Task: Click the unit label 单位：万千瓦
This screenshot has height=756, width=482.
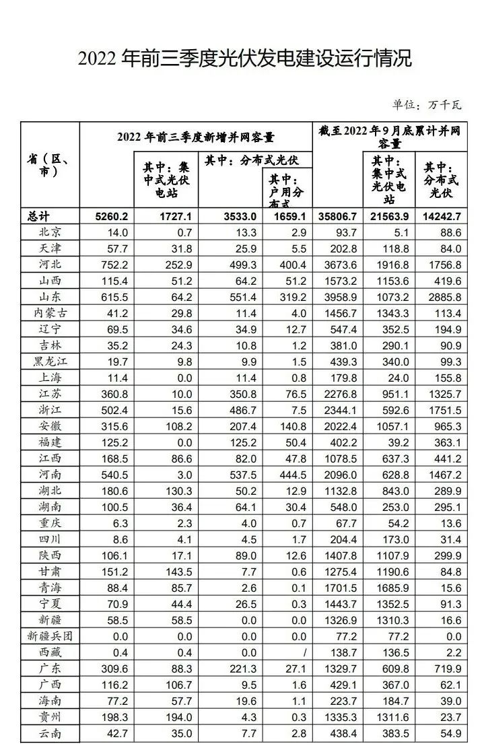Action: pos(427,104)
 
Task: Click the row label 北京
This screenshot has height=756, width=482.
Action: pos(50,232)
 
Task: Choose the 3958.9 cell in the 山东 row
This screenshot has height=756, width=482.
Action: pos(340,297)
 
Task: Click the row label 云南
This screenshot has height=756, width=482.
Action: pos(50,733)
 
